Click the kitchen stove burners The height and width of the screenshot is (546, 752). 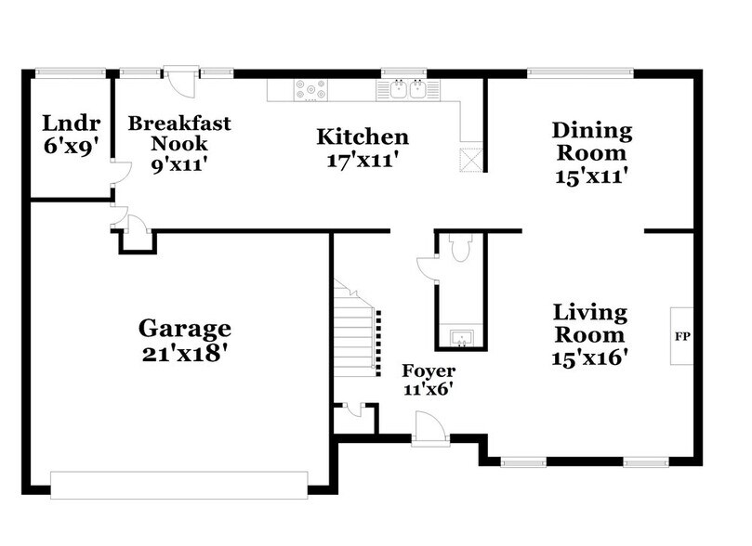(310, 89)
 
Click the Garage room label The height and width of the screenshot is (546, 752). (184, 328)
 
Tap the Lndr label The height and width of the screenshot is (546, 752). (70, 123)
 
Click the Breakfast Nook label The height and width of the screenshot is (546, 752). (178, 134)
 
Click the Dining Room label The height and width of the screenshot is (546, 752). (591, 141)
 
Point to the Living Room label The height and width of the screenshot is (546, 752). (590, 322)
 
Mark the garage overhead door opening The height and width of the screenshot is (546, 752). (178, 485)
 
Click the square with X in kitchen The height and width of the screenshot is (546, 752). (473, 159)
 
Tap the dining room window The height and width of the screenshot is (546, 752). (580, 71)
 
